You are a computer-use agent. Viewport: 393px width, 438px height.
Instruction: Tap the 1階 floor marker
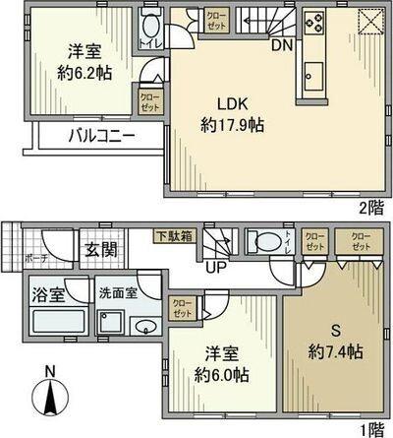coord(372,429)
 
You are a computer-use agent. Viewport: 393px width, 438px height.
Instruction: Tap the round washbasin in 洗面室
coord(143,327)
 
